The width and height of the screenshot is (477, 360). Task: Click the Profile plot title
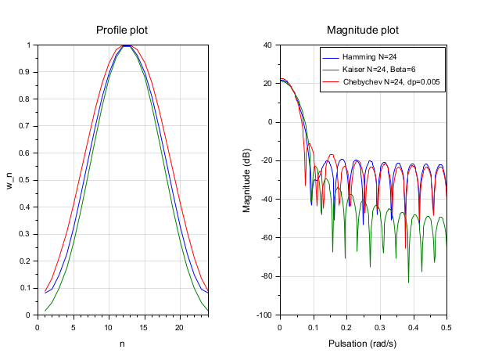[x=122, y=31]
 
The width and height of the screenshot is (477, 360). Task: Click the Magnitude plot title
[x=363, y=31]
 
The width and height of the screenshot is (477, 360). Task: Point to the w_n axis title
[x=11, y=180]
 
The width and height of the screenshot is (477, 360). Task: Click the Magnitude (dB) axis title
[x=247, y=180]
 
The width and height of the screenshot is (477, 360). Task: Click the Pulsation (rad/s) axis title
[x=363, y=344]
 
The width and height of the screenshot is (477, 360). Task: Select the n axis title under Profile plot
[x=122, y=344]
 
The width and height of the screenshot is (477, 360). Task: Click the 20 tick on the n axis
[x=179, y=326]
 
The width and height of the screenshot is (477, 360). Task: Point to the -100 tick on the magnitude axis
[x=264, y=315]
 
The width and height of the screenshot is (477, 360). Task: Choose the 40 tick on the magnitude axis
[x=267, y=45]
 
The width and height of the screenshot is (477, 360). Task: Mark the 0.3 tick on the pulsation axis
[x=380, y=326]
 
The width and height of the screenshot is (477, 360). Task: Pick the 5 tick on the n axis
[x=73, y=326]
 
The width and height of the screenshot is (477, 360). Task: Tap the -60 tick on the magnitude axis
[x=266, y=238]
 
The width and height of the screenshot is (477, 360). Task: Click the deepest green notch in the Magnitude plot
[x=408, y=282]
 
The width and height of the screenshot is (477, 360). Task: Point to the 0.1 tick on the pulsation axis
[x=313, y=326]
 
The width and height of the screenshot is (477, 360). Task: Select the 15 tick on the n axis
[x=144, y=326]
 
